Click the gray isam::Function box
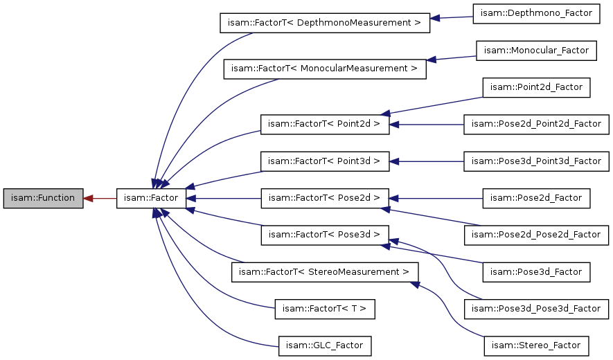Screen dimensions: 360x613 coord(43,198)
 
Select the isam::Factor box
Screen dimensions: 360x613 coord(151,198)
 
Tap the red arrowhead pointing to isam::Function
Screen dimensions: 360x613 coord(89,198)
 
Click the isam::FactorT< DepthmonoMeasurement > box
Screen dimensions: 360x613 coord(325,23)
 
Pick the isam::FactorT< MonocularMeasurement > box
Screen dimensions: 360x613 coord(324,69)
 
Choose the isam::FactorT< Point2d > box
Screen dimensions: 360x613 coord(324,125)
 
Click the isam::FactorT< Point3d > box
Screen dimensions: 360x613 coord(324,161)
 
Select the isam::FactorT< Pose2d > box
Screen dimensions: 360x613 coord(324,198)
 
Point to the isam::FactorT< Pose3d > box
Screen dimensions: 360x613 coord(324,235)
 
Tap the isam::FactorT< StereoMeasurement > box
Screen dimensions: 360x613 coord(324,271)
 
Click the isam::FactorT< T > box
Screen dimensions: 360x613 coord(324,308)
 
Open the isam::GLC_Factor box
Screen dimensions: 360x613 coord(324,345)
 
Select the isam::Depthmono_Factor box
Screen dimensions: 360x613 coord(536,14)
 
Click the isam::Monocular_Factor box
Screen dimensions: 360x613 coord(536,51)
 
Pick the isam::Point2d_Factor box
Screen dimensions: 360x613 coord(536,87)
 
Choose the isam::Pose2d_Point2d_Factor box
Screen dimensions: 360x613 coord(536,125)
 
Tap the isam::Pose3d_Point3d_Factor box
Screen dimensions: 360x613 coord(536,161)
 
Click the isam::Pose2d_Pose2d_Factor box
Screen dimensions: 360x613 coord(536,235)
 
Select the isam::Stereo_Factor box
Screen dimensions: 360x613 coord(536,345)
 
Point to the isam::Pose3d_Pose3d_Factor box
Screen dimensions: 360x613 coord(536,308)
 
